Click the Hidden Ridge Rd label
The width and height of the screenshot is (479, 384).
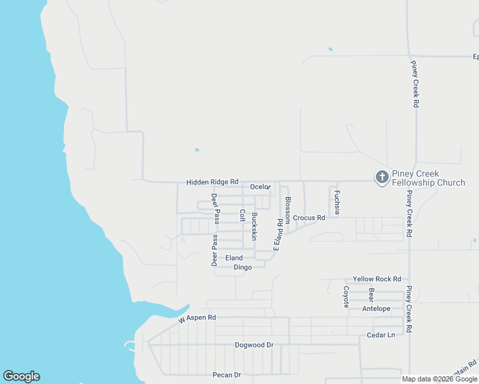pyautogui.click(x=212, y=182)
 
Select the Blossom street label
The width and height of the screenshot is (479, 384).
pyautogui.click(x=288, y=209)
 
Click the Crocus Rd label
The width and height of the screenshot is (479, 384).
pyautogui.click(x=309, y=218)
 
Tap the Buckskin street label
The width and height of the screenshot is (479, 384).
pyautogui.click(x=254, y=226)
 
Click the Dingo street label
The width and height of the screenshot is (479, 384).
pyautogui.click(x=243, y=267)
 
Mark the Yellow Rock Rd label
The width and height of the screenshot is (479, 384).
pyautogui.click(x=377, y=279)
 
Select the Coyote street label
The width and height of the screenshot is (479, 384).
pyautogui.click(x=346, y=296)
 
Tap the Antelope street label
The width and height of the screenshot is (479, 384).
pyautogui.click(x=376, y=308)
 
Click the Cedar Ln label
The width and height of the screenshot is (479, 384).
pyautogui.click(x=381, y=335)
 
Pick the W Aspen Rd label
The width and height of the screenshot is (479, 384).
pyautogui.click(x=197, y=317)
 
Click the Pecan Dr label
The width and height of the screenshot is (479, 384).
pyautogui.click(x=227, y=374)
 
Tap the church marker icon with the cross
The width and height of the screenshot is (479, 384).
pyautogui.click(x=382, y=177)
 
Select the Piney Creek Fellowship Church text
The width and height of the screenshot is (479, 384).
pyautogui.click(x=428, y=178)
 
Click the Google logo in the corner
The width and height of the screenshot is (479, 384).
pyautogui.click(x=21, y=376)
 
